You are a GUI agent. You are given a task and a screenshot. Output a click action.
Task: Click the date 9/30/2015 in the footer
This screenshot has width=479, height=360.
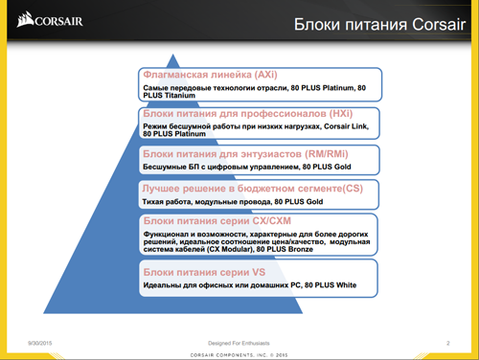click(x=38, y=342)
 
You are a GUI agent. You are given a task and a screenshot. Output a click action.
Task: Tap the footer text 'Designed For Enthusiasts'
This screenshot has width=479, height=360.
click(x=239, y=342)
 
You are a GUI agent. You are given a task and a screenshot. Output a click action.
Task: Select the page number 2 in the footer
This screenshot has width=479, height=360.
click(x=448, y=342)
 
